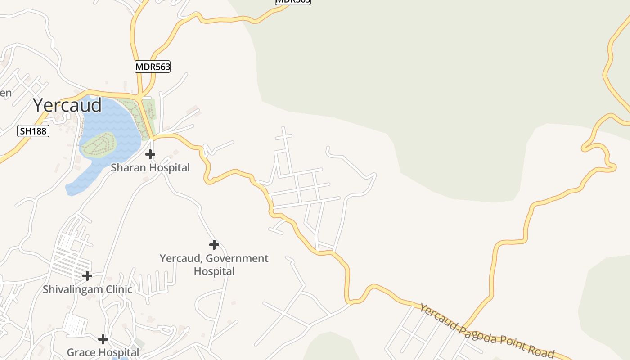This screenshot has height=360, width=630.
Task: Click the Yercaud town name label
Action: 67,105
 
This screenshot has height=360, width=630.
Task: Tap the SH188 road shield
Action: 33,131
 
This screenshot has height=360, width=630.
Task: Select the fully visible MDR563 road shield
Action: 153,67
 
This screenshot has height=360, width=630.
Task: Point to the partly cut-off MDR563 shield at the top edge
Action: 293,2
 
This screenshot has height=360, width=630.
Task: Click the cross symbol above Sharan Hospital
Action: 150,154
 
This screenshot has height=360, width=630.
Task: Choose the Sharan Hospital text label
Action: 150,168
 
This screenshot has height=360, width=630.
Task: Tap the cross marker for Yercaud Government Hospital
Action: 214,245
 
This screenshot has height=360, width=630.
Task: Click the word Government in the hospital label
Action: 238,258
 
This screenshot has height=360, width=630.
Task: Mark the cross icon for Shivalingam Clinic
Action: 87,275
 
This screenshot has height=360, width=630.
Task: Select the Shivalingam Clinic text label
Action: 87,289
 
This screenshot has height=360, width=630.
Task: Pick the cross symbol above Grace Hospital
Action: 103,339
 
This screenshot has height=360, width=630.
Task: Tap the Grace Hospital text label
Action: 103,352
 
